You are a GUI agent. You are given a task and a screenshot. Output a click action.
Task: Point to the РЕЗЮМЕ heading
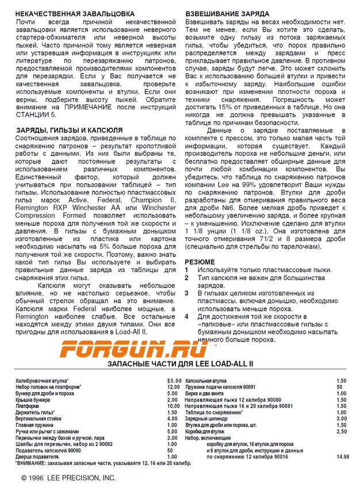click(x=200, y=262)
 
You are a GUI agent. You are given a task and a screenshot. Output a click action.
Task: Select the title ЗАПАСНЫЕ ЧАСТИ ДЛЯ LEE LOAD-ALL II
click(x=180, y=365)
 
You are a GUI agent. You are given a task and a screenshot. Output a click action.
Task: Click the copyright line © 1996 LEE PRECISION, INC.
click(x=68, y=478)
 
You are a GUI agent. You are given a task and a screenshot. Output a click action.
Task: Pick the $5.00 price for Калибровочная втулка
click(x=174, y=381)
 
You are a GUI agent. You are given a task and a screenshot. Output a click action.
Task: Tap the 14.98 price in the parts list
click(x=343, y=457)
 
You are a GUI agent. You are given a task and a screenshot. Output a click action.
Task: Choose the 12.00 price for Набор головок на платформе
click(x=173, y=388)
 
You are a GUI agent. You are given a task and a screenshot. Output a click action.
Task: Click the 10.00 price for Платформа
click(x=173, y=406)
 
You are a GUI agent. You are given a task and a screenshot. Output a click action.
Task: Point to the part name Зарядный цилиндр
click(x=206, y=419)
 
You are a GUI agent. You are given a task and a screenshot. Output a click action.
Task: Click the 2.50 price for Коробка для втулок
click(x=341, y=431)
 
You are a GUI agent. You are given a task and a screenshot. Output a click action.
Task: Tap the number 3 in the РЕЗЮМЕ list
click(x=186, y=293)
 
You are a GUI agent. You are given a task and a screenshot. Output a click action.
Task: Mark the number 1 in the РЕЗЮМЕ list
click(x=186, y=269)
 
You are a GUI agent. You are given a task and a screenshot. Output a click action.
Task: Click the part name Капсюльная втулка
click(x=205, y=381)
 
